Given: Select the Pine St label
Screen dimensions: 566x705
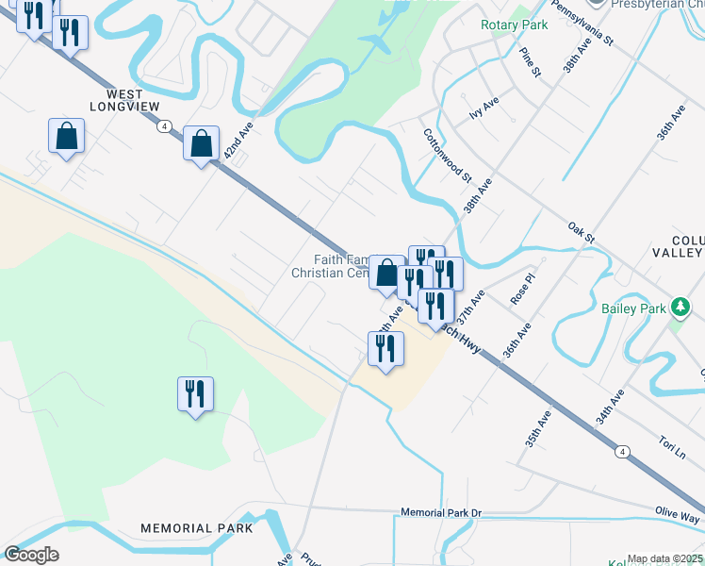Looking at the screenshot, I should pos(530,62).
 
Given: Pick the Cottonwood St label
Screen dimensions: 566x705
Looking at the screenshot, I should pos(447,155).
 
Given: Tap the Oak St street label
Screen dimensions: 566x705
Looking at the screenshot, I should pos(582,232).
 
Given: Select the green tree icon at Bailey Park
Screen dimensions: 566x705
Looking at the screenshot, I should pos(680,308).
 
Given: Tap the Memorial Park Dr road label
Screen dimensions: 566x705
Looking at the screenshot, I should pos(440,513).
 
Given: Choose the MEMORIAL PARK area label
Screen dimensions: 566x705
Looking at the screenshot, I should pos(197,528).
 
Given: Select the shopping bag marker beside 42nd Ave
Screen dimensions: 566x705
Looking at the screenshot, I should pos(201,144).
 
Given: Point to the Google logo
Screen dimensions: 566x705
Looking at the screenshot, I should pos(32,555).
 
